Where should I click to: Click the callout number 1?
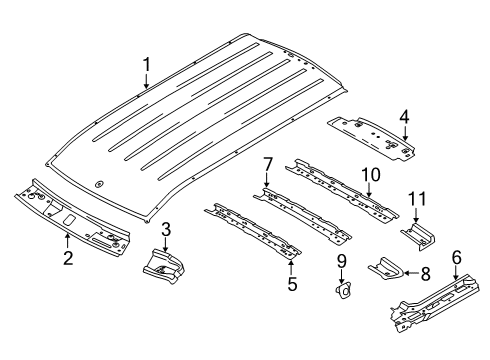146,66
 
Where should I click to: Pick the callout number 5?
291,283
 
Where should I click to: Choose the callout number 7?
267,163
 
